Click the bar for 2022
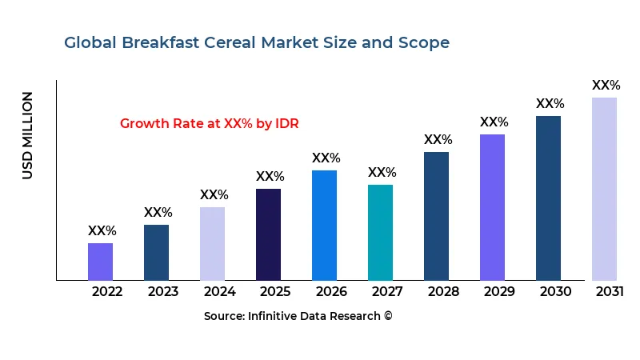pos(100,262)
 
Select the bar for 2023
pos(156,252)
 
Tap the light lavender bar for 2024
pos(212,243)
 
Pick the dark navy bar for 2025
pos(268,234)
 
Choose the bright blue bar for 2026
pos(324,225)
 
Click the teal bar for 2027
pos(380,232)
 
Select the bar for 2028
pos(436,216)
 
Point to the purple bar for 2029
pos(492,207)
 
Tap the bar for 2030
pos(548,198)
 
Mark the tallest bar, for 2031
pos(604,189)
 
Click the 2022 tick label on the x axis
pos(107,291)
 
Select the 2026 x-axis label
pos(331,291)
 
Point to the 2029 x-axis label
pos(499,291)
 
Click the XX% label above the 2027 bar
pos(382,173)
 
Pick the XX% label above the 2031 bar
pos(606,86)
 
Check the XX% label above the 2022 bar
pos(102,231)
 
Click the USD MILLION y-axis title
pos(28,135)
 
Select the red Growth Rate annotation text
pos(210,124)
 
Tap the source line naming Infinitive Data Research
pos(298,316)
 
